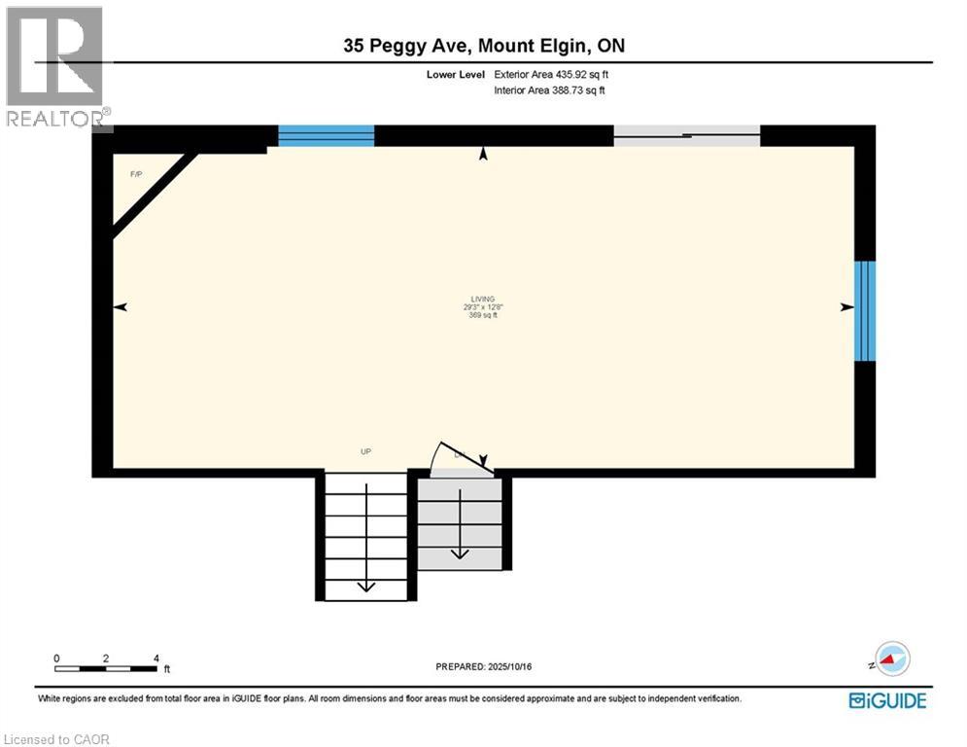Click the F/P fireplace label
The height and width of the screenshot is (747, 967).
136,174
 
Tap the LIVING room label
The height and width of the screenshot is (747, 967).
482,299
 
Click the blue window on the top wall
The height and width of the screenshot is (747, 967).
327,135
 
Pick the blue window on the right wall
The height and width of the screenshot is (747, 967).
865,310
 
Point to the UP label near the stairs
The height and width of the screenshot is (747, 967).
365,451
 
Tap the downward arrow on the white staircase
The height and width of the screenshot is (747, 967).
365,583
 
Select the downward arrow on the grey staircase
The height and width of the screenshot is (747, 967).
460,551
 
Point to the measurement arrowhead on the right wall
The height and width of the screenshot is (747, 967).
846,307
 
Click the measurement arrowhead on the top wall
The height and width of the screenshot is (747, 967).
483,153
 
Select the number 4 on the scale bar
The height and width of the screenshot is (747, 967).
156,658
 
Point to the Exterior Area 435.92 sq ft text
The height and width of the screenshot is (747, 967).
551,74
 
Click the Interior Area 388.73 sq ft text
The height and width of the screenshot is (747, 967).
551,90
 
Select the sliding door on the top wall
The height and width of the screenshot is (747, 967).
686,136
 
